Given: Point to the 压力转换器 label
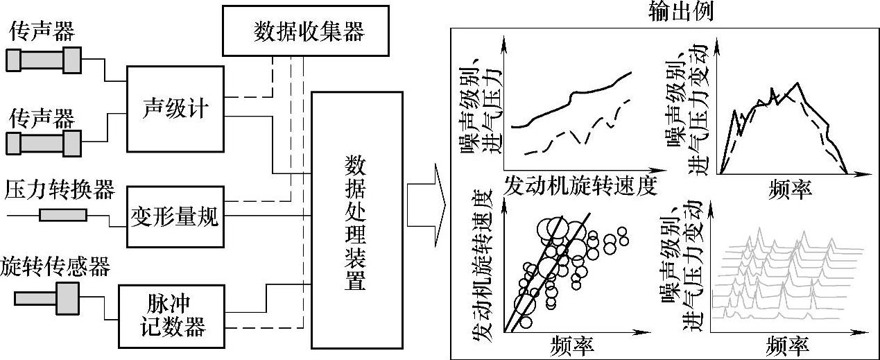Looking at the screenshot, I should pos(59,189).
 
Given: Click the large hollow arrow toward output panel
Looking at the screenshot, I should pos(424,205).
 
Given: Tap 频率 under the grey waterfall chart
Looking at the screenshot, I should pos(788,345).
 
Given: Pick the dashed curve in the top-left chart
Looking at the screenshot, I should pos(579,132).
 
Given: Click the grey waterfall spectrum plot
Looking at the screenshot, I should pos(791,281).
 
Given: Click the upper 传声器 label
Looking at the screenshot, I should pos(43,31).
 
